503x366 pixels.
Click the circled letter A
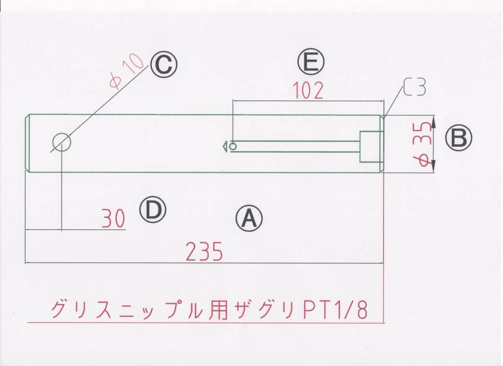coord(249,218)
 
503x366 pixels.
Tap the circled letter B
coord(459,138)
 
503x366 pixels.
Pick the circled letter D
coord(153,210)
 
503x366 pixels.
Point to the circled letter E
coord(311,63)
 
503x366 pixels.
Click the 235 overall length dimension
coord(204,253)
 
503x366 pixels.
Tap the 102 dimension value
coord(308,90)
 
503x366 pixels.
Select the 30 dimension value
coord(113,219)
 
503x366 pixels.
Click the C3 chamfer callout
coord(415,87)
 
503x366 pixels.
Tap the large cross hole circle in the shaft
coord(62,142)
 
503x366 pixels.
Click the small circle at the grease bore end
coord(233,146)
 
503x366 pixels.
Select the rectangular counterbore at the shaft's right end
coord(372,146)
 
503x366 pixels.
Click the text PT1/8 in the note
coord(335,310)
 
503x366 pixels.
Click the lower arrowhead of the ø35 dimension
coord(433,167)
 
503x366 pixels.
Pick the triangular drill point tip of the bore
coord(225,146)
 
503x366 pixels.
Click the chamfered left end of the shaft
coord(27,143)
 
